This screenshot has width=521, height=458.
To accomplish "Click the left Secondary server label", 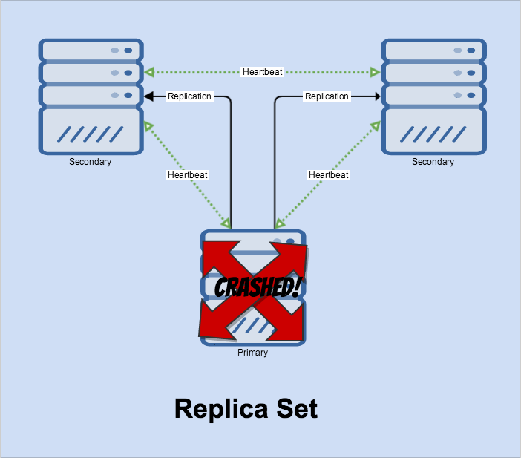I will pyautogui.click(x=90, y=162).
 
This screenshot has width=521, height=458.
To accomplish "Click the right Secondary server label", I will pyautogui.click(x=433, y=162).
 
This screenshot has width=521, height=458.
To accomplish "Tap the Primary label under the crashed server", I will pyautogui.click(x=252, y=353).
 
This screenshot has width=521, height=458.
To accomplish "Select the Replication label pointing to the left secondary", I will pyautogui.click(x=189, y=96).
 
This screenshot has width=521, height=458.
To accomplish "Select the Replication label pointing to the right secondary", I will pyautogui.click(x=327, y=96).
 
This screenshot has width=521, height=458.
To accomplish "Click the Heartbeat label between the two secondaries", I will pyautogui.click(x=262, y=72).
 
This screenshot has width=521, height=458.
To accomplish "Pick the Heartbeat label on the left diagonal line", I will pyautogui.click(x=188, y=175).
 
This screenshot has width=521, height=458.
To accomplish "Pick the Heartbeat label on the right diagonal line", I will pyautogui.click(x=328, y=175).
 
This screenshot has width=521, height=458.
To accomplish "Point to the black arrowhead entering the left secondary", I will pyautogui.click(x=148, y=96).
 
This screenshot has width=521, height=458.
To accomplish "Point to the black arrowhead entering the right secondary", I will pyautogui.click(x=376, y=96).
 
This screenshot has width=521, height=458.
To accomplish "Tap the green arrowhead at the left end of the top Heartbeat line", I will pyautogui.click(x=149, y=72).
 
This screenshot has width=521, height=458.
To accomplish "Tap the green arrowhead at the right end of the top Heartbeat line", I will pyautogui.click(x=376, y=72).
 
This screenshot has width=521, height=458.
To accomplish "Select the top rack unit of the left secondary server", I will pyautogui.click(x=91, y=50).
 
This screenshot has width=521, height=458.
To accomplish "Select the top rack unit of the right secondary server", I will pyautogui.click(x=433, y=50).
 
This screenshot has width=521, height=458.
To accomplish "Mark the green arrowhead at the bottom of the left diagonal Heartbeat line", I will pyautogui.click(x=226, y=223).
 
